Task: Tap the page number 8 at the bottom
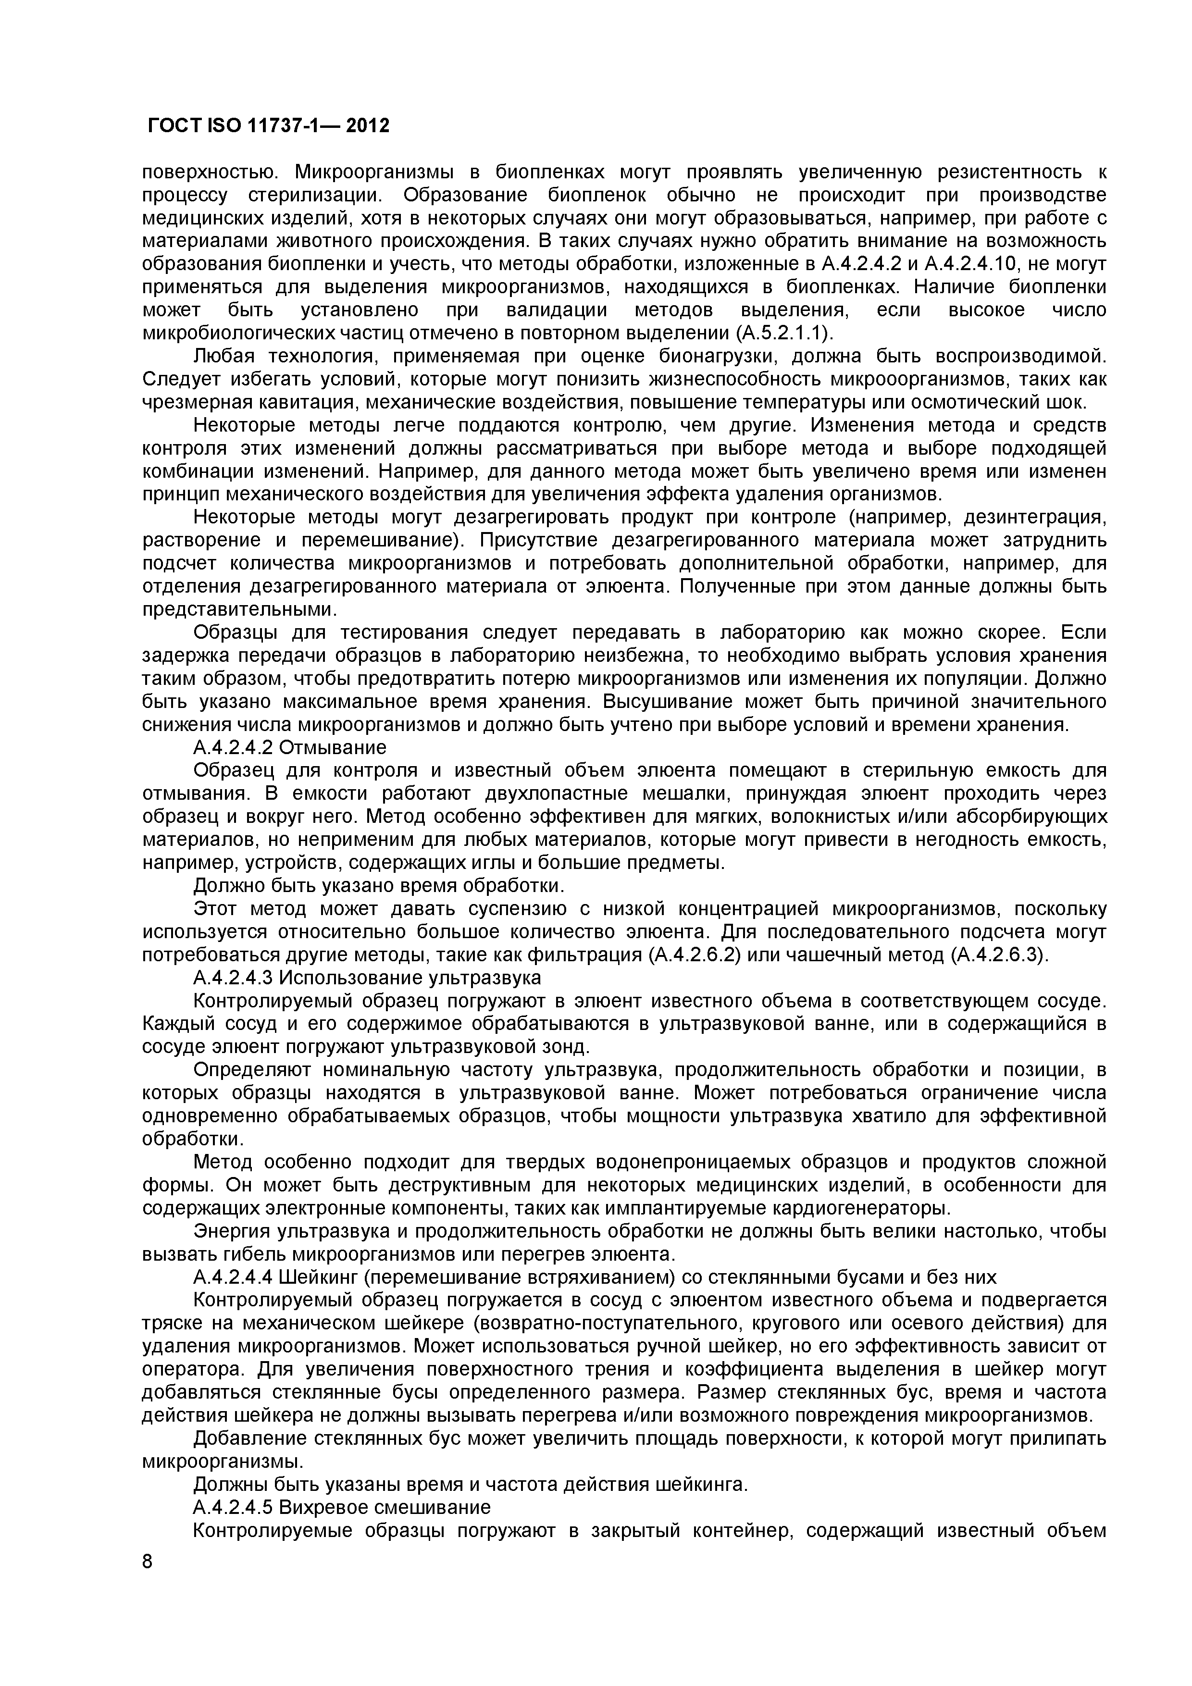coord(148,1582)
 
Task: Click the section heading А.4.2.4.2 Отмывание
coord(289,747)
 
